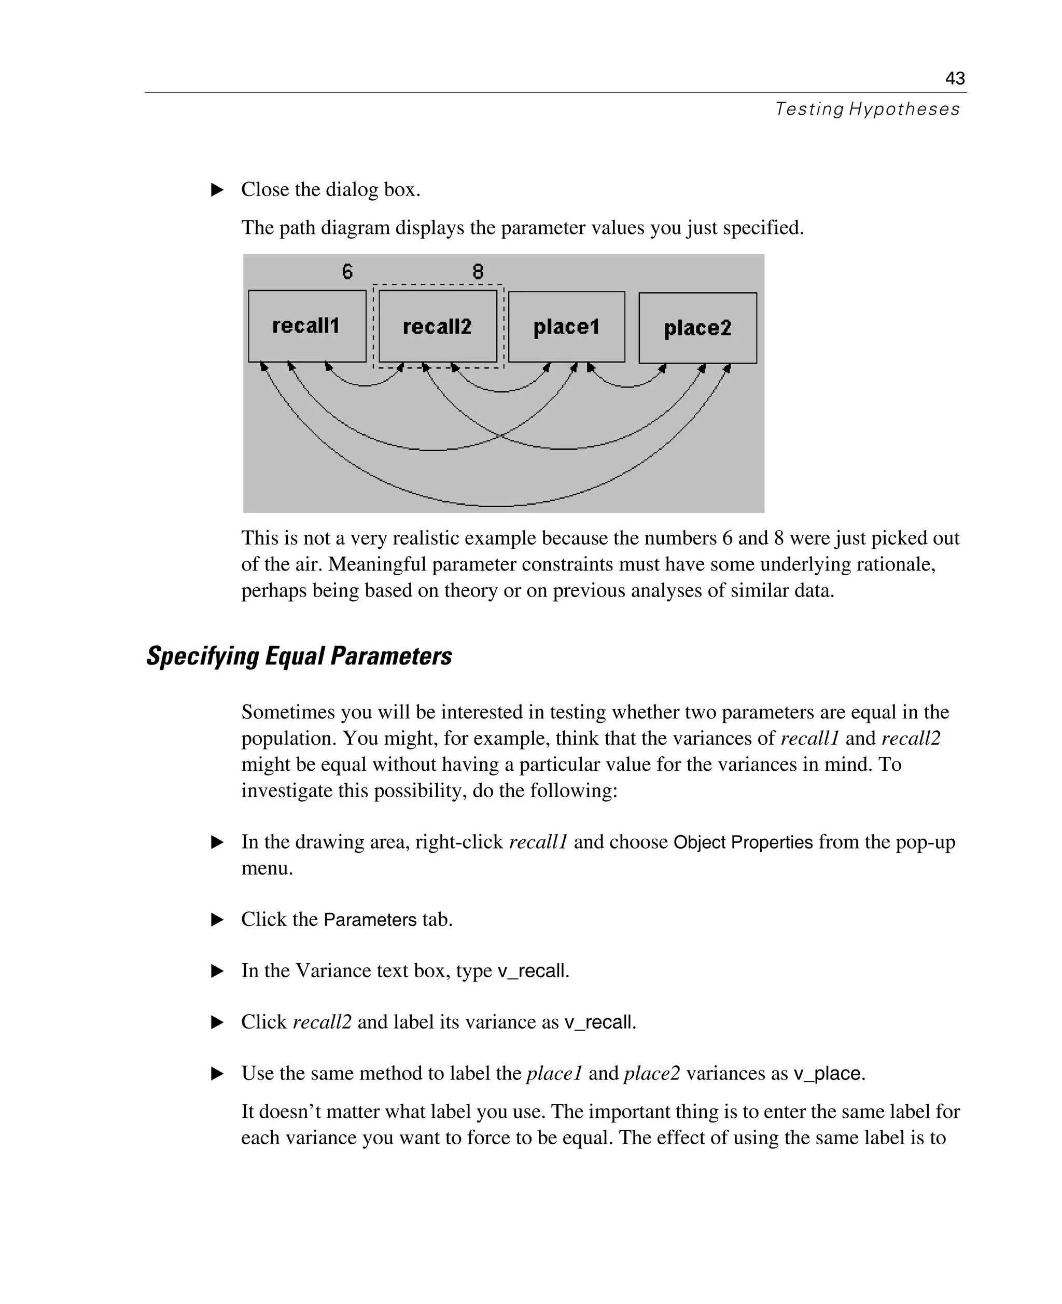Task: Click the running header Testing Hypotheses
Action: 867,109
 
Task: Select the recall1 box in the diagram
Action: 306,326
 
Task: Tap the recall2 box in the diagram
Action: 438,327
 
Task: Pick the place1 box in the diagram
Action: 566,327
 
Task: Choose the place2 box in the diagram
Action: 697,328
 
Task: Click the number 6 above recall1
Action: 347,271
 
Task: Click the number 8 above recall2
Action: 478,271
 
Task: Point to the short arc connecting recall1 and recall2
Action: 365,385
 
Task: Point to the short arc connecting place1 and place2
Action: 626,387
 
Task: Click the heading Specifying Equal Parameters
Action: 299,656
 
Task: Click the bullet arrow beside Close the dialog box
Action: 217,190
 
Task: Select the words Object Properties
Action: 743,842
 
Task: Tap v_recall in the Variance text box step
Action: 532,971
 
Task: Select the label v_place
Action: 828,1073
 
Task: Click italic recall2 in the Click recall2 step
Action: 322,1022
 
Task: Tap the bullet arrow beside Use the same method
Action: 217,1073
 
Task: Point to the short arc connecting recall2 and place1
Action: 501,391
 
